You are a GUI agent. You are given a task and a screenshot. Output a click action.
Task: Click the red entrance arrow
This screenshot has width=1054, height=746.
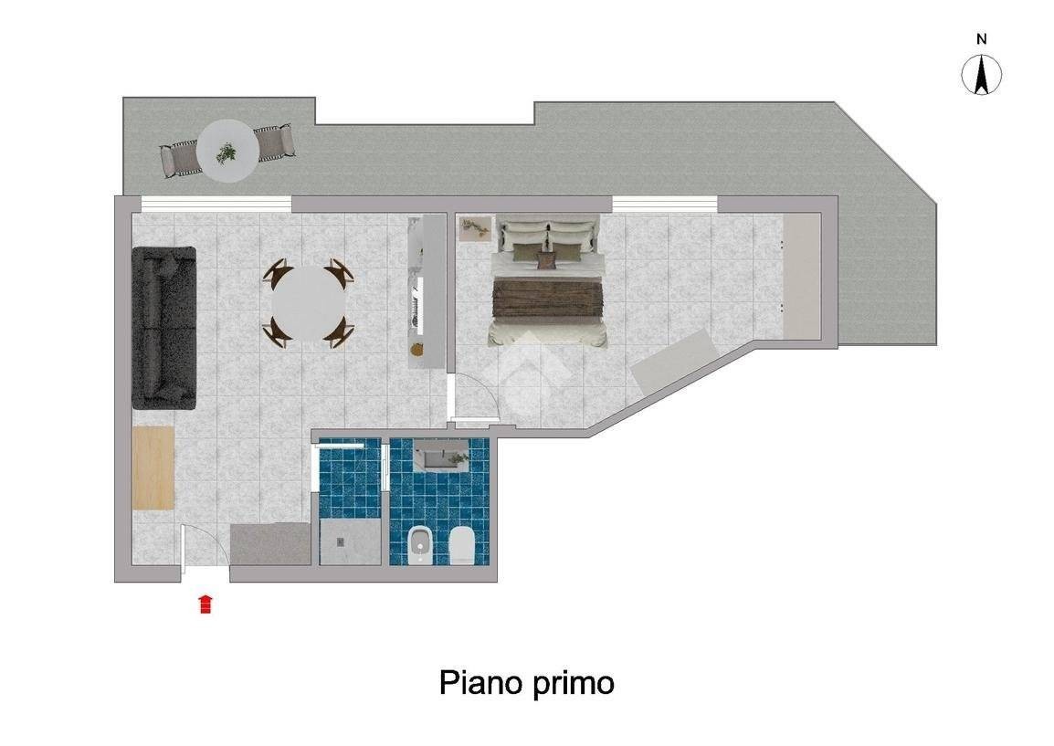206,604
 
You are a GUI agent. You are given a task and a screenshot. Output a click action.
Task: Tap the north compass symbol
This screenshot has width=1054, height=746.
982,75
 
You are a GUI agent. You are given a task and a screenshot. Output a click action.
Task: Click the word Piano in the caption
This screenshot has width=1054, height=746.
480,683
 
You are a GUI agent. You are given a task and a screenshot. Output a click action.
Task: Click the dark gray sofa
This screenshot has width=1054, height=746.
164,328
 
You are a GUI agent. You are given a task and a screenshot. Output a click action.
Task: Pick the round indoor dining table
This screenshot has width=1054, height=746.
309,304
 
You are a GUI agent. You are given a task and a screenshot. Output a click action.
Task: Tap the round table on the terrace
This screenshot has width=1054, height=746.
227,151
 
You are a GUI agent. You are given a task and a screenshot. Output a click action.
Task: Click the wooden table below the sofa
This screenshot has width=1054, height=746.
153,468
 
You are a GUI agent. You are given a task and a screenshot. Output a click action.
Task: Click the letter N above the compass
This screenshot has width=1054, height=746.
982,39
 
